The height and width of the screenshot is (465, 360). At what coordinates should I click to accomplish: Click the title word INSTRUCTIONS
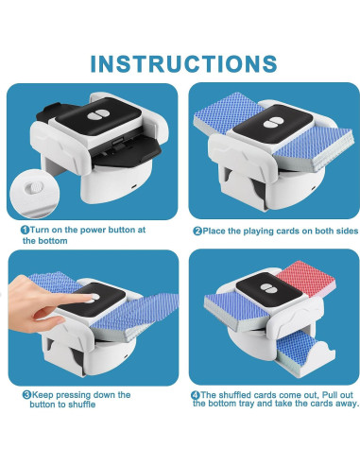coord(180,62)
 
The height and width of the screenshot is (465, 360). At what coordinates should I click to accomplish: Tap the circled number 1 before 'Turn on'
coord(26,228)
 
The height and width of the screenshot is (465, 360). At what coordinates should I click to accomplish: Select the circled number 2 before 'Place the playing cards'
coord(197,228)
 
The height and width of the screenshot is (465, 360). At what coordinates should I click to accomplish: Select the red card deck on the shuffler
coord(300,284)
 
